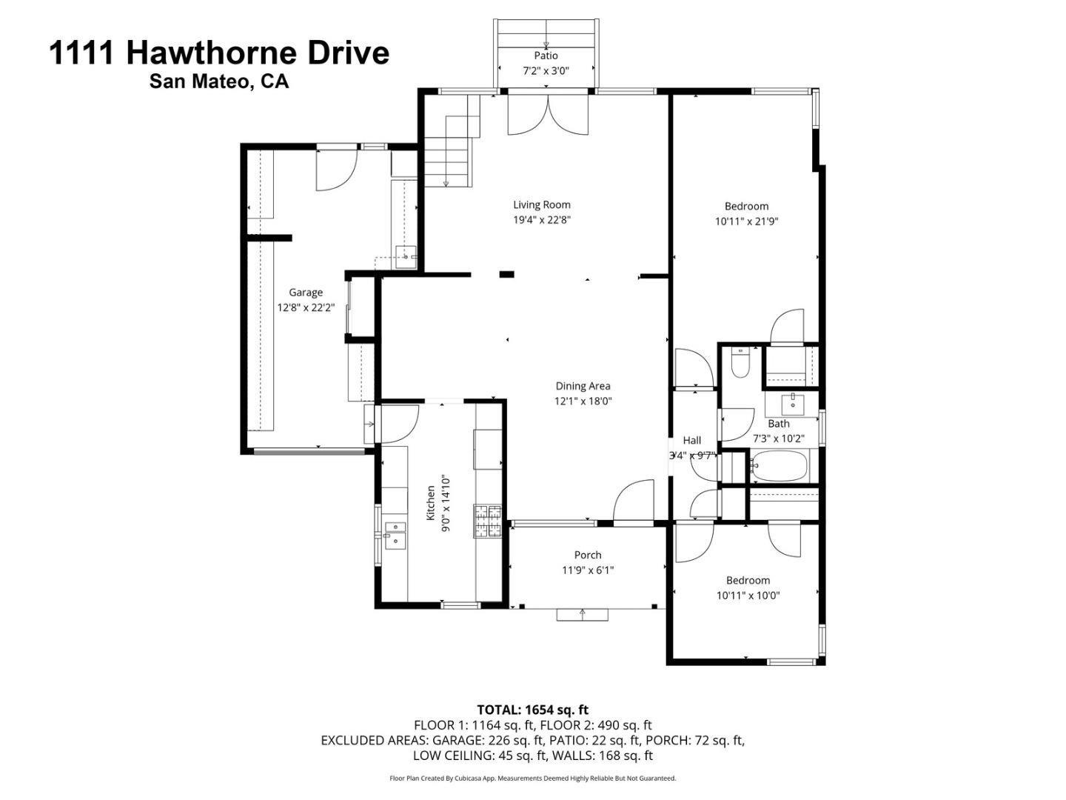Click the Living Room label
(x=542, y=205)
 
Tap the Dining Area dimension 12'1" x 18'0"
(x=583, y=401)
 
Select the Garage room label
(x=306, y=293)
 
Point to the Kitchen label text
(x=431, y=503)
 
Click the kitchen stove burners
(x=487, y=520)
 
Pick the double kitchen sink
(x=395, y=534)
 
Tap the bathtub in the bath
(x=778, y=467)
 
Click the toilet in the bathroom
(x=740, y=364)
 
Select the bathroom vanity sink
(x=793, y=403)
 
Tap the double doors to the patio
(x=548, y=116)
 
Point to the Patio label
(x=546, y=56)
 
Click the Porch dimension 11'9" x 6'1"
(x=588, y=570)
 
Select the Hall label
(x=692, y=440)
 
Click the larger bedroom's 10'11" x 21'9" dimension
(x=746, y=221)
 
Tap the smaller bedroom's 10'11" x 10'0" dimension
(x=748, y=596)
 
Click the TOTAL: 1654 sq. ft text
(x=532, y=710)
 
